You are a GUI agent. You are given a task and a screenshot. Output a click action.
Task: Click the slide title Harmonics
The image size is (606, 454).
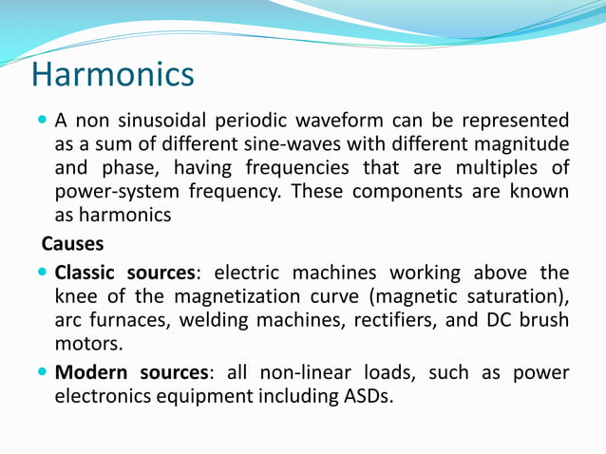tap(112, 74)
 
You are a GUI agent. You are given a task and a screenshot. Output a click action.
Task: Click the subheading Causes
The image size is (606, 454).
tap(72, 244)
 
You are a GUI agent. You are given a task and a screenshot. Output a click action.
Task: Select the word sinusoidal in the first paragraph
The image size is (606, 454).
tap(169, 122)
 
